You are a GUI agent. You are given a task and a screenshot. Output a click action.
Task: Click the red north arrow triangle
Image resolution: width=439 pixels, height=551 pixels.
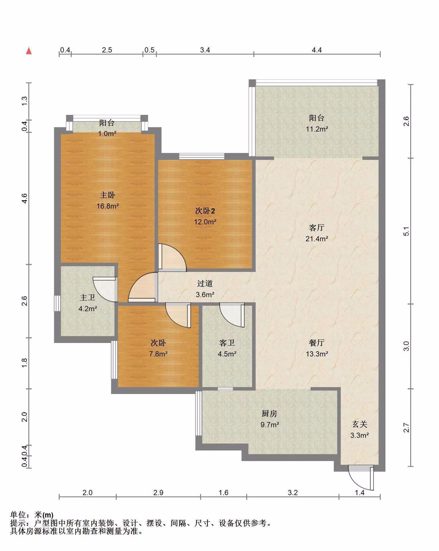29,51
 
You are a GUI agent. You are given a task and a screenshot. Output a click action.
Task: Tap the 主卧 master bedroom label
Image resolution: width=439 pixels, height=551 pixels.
107,195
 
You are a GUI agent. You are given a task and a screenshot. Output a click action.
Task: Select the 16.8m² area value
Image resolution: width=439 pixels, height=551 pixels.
108,206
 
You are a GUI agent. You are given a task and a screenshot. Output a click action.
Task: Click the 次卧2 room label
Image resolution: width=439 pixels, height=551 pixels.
205,211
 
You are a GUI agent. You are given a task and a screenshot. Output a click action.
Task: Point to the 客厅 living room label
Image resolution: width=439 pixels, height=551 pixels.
317,228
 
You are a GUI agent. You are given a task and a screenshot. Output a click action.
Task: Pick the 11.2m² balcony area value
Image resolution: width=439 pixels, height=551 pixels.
317,129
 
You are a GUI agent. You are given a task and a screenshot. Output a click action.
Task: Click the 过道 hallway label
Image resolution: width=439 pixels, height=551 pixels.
205,284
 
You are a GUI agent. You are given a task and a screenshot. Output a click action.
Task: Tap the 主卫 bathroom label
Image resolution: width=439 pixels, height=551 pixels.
88,298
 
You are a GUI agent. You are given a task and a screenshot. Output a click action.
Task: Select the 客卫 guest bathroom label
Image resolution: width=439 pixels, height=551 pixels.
227,343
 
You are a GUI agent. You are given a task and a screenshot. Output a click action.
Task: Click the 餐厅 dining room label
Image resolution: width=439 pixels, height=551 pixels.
317,343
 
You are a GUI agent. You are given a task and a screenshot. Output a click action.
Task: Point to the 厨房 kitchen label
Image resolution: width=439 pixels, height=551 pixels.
270,414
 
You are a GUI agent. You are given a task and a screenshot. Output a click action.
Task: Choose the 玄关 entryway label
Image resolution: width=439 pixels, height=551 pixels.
359,424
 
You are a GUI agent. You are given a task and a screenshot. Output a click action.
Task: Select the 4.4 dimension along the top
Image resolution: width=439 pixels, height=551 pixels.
317,50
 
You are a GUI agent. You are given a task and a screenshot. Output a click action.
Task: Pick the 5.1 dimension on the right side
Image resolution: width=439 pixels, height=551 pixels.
406,231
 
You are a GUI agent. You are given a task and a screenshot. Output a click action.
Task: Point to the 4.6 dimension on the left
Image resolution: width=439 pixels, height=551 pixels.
24,199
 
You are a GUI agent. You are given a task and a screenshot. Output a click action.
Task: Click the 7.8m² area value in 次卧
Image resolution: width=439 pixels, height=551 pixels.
158,354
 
